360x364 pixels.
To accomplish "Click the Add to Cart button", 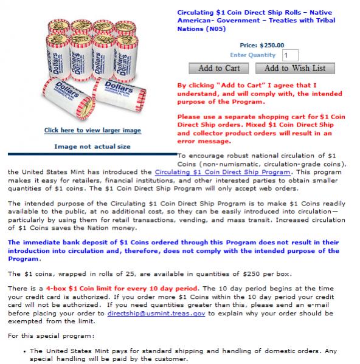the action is tap(218, 69).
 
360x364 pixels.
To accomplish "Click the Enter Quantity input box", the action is tap(290, 55).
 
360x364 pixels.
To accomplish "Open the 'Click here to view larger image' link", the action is tap(92, 130).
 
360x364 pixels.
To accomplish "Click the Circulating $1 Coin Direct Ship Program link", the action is tap(223, 172).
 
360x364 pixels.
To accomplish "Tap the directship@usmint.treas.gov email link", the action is tap(156, 314).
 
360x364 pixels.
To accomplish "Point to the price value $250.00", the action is tap(272, 45).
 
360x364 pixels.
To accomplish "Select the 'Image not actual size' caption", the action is tap(92, 146).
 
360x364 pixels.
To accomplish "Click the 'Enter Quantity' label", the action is tap(253, 55).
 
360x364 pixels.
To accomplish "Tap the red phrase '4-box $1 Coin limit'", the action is tap(79, 289).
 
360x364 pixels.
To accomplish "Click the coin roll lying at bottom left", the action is tap(69, 98).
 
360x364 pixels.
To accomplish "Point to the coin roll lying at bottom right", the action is tap(119, 94).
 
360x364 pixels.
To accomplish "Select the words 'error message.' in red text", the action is tap(204, 142).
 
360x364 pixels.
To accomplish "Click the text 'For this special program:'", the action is tap(51, 336).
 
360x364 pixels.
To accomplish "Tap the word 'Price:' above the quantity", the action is tap(249, 45).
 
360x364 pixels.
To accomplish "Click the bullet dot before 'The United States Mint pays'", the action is tap(24, 352).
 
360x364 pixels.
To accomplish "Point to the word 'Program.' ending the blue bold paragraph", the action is tap(24, 259).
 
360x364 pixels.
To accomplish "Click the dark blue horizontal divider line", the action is tap(92, 154).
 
